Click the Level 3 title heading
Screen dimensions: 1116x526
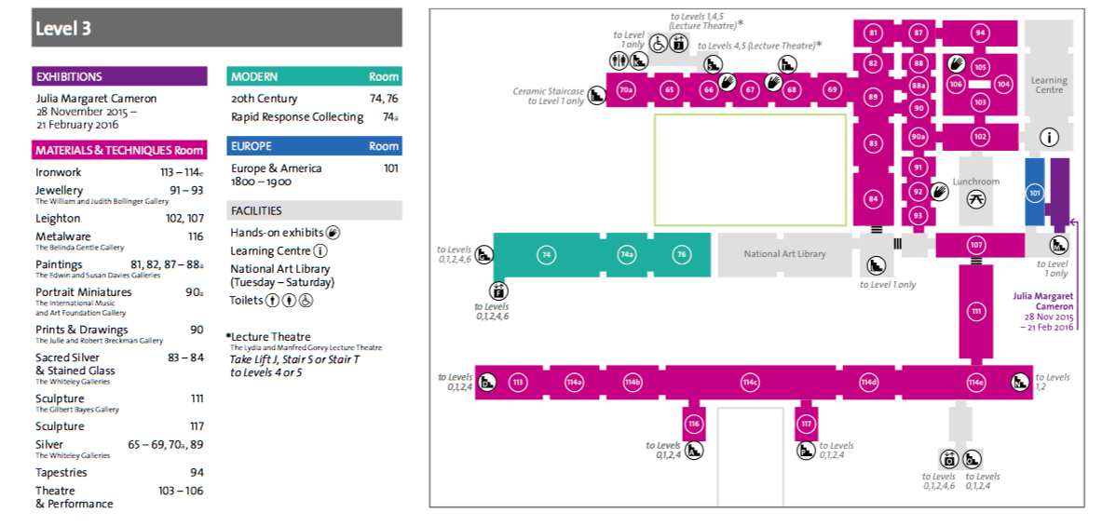(62, 29)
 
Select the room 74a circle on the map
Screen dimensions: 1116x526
(626, 255)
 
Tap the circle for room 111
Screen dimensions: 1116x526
(975, 311)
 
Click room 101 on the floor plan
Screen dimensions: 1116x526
(1035, 192)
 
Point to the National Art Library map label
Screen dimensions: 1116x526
(785, 253)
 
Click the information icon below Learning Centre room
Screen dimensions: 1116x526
(1050, 138)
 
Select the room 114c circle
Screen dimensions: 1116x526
(750, 383)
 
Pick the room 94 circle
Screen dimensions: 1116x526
(981, 33)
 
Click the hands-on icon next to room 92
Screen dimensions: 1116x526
(940, 192)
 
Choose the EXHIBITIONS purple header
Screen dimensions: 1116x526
(119, 76)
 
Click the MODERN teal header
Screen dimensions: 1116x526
(314, 76)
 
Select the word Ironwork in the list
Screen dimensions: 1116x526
(59, 172)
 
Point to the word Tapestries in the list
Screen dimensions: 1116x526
(61, 473)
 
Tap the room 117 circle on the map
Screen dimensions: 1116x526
(806, 425)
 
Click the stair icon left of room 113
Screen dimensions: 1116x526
(487, 383)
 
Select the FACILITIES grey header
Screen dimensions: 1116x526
(314, 210)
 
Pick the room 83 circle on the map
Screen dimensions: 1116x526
(873, 143)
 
